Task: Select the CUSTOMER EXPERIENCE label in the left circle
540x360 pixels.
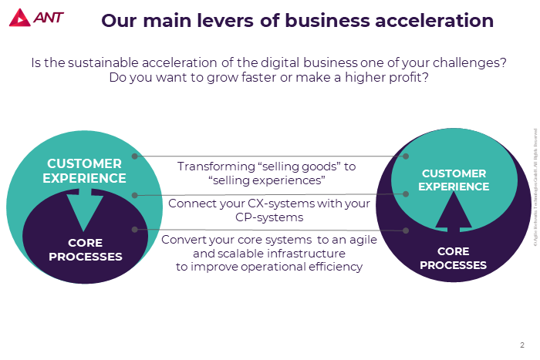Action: tap(84, 170)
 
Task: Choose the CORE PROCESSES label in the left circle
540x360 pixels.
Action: tap(85, 250)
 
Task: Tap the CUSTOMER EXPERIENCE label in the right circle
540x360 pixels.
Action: tap(454, 180)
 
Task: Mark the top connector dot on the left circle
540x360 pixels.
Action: tap(135, 156)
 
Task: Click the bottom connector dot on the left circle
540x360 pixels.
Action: tap(135, 229)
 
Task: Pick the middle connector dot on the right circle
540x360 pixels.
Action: tap(405, 193)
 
